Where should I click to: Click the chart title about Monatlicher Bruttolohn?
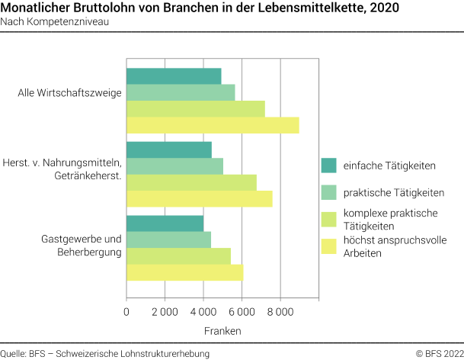point(200,8)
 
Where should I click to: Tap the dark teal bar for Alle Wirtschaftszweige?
point(174,76)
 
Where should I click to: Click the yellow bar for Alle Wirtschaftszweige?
point(213,125)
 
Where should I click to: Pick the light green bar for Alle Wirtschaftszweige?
point(181,92)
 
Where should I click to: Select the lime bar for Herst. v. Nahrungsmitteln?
point(191,182)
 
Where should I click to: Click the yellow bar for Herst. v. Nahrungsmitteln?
point(199,198)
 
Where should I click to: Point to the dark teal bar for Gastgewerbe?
point(165,223)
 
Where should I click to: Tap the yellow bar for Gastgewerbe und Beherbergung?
point(184,272)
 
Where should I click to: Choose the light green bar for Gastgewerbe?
point(168,239)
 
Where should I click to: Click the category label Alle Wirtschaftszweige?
point(69,94)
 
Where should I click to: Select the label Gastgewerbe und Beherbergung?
point(82,246)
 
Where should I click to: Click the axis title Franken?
point(222,331)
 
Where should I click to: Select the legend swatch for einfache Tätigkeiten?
point(329,166)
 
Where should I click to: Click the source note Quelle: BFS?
point(104,353)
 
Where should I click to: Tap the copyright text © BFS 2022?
point(438,353)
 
